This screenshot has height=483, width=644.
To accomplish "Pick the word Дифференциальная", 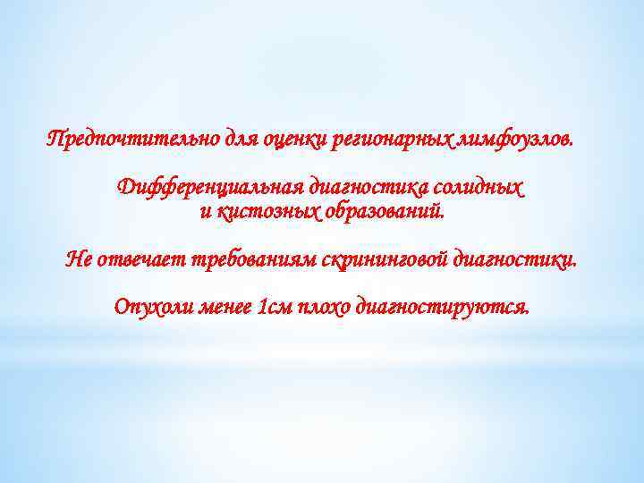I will [209, 190].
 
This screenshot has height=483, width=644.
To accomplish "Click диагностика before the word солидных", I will [368, 190].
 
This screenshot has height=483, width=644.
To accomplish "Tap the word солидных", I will [479, 190].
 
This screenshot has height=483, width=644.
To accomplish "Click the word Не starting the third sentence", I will [79, 261].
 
